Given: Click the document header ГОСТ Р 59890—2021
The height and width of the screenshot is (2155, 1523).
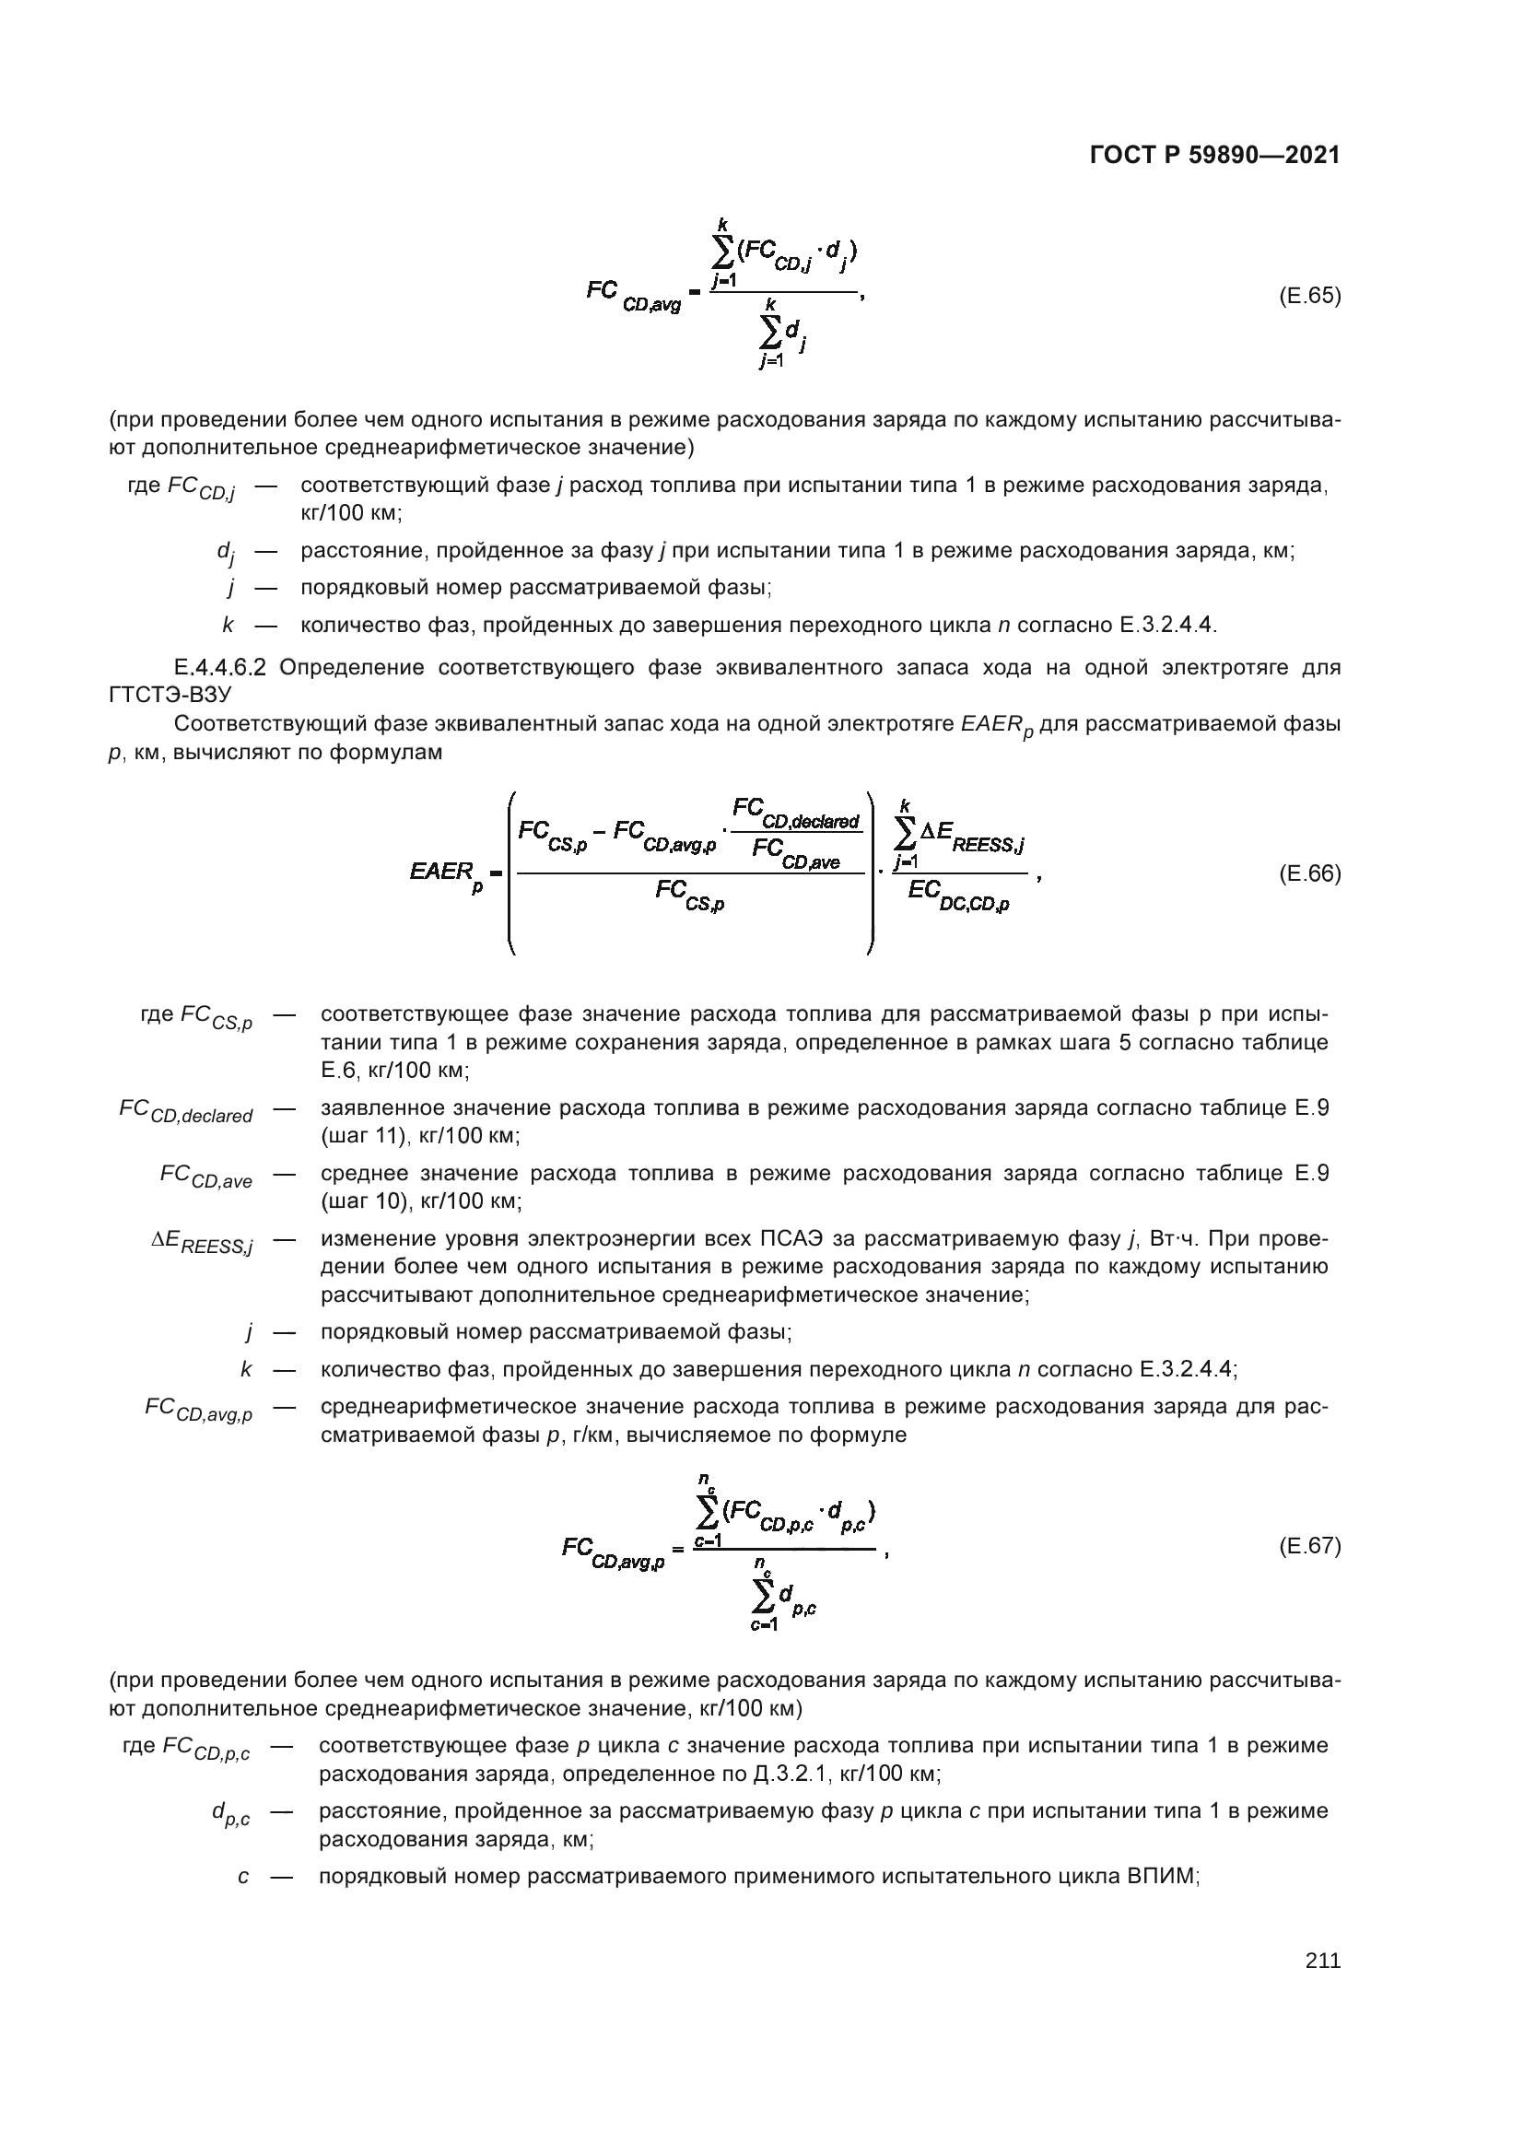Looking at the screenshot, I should click(1214, 156).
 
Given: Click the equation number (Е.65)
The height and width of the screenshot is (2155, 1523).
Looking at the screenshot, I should click(1309, 297).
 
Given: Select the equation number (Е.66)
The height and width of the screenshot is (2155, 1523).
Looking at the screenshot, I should click(1309, 873).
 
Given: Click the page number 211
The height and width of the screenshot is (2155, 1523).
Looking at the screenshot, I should click(1322, 1961).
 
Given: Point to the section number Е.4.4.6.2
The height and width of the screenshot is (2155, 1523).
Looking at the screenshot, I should click(220, 667).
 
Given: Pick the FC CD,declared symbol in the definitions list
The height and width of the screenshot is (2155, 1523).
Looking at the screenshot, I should click(186, 1112).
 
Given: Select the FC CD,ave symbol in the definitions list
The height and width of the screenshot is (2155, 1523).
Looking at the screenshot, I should click(205, 1177).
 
